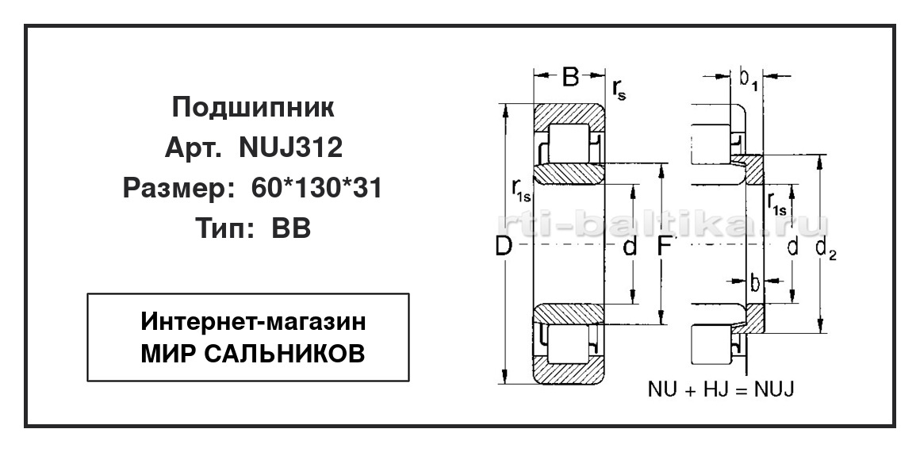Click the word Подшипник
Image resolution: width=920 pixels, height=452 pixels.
253,107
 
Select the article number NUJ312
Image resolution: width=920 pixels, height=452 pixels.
290,148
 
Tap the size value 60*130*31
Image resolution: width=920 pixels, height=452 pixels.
316,189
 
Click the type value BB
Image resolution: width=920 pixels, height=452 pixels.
290,228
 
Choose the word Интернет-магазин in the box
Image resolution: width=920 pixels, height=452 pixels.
253,322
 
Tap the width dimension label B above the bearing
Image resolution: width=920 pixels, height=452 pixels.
569,76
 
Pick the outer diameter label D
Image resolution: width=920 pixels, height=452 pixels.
503,247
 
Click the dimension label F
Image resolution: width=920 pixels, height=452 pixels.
663,247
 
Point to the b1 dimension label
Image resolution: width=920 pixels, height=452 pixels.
748,80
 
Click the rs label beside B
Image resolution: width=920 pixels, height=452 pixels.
619,90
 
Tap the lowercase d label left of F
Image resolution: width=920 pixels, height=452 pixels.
630,247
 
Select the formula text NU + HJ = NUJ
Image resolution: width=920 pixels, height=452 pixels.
721,389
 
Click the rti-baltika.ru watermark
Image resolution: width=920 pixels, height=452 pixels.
662,224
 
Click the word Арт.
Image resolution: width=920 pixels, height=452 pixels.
193,148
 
